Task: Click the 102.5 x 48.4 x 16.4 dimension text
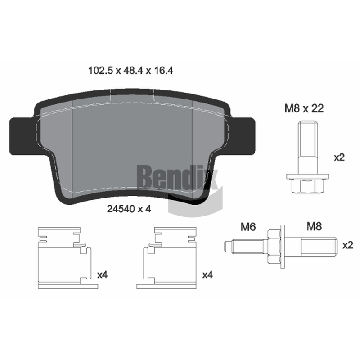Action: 130,71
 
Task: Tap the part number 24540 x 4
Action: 129,209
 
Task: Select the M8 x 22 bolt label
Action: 304,108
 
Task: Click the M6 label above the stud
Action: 248,227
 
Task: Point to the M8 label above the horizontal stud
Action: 314,226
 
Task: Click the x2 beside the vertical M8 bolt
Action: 339,157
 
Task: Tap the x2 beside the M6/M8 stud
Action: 348,245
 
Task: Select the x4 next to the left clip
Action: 103,274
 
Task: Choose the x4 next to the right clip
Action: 207,274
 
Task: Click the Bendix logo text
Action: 177,177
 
